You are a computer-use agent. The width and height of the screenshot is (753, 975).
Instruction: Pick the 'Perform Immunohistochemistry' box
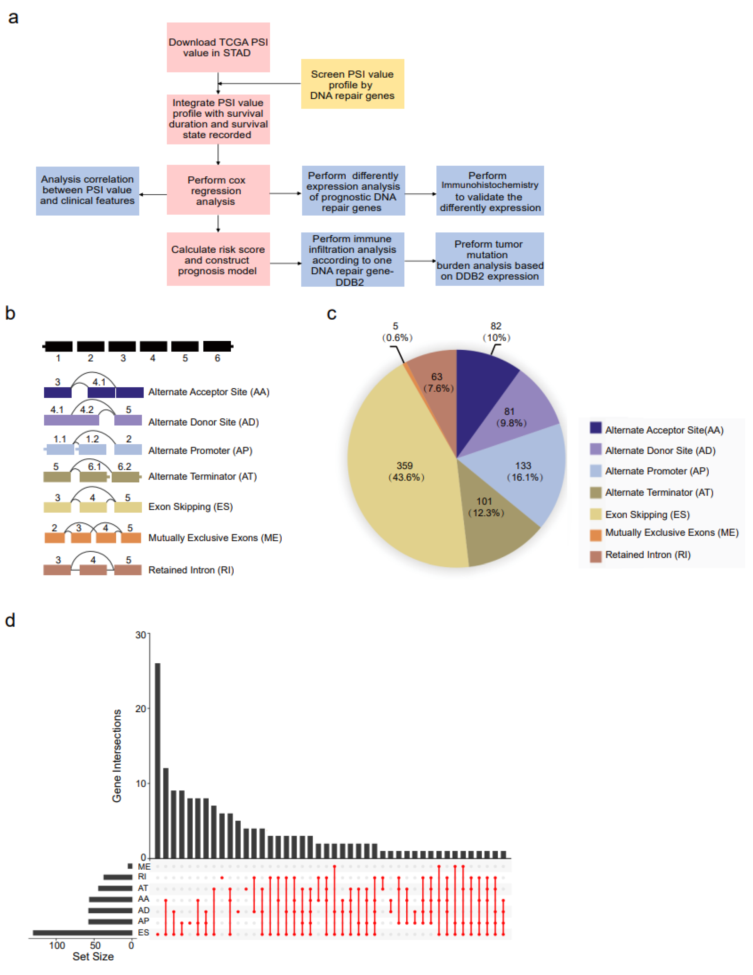click(490, 191)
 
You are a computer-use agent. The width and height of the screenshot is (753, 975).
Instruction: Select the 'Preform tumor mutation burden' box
click(490, 259)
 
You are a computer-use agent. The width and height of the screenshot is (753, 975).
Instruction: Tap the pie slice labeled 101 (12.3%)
click(491, 522)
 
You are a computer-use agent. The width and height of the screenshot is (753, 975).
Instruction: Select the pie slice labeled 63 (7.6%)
click(435, 384)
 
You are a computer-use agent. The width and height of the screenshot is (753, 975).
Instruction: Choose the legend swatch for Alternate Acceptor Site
click(595, 428)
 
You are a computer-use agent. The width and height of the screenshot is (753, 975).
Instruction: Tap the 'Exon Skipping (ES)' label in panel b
click(191, 507)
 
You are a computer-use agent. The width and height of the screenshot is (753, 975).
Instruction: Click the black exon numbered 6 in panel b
click(217, 346)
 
